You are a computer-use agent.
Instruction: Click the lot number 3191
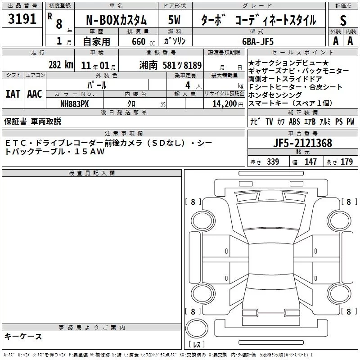pyautogui.click(x=22, y=19)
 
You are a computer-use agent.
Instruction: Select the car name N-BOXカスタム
pyautogui.click(x=116, y=20)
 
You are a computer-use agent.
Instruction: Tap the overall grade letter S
pyautogui.click(x=343, y=20)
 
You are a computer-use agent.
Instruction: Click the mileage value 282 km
pyautogui.click(x=61, y=65)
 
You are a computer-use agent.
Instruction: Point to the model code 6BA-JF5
pyautogui.click(x=258, y=41)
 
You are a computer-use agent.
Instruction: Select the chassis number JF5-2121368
pyautogui.click(x=302, y=143)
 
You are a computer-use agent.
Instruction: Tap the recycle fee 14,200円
pyautogui.click(x=228, y=104)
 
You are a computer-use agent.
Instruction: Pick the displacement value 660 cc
pyautogui.click(x=143, y=41)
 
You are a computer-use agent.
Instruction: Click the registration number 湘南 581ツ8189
pyautogui.click(x=171, y=65)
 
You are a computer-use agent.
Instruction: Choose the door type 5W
pyautogui.click(x=174, y=20)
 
